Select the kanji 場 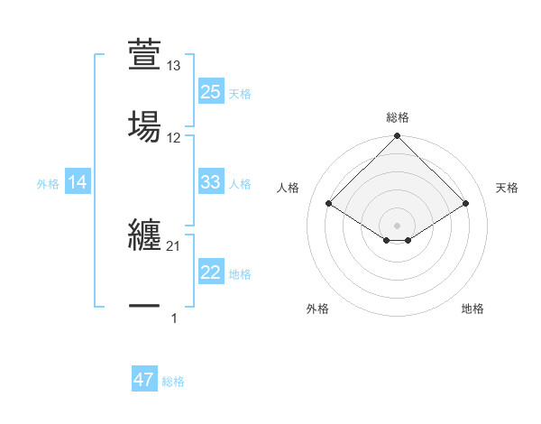[x=144, y=125]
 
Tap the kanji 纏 [x=144, y=235]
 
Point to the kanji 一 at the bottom [x=144, y=307]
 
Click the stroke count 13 [x=174, y=66]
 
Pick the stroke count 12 [x=174, y=138]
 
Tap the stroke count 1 [x=174, y=318]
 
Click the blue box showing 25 [x=210, y=92]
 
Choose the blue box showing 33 [x=210, y=182]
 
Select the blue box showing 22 [x=210, y=272]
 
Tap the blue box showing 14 [x=78, y=182]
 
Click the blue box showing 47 [x=144, y=380]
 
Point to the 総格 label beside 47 [x=173, y=382]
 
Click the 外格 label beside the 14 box [x=48, y=183]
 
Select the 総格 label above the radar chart [x=397, y=117]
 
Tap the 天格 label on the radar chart [x=508, y=188]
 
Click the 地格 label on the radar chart [x=472, y=309]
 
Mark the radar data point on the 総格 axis [x=397, y=137]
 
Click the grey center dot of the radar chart [x=397, y=225]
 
